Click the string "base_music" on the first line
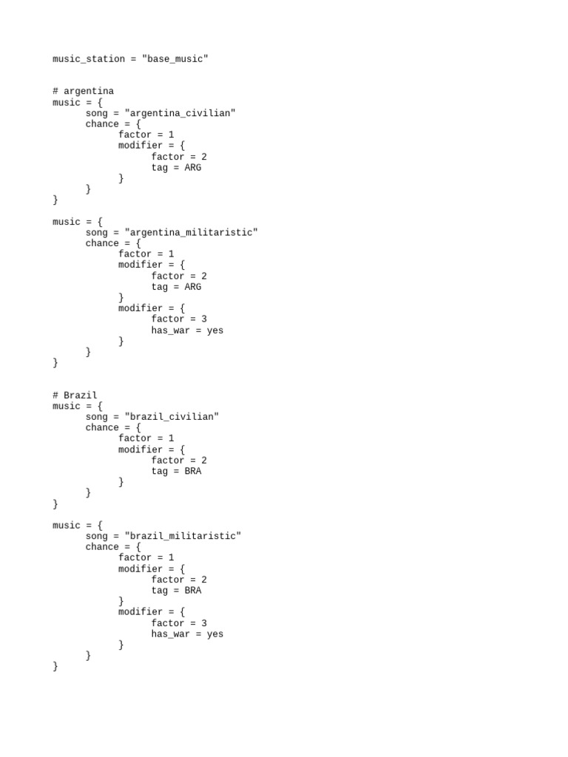pyautogui.click(x=175, y=59)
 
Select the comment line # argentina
pyautogui.click(x=83, y=92)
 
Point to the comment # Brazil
pyautogui.click(x=75, y=396)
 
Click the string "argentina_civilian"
pyautogui.click(x=180, y=113)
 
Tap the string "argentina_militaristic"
pyautogui.click(x=192, y=233)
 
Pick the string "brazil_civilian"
pyautogui.click(x=172, y=417)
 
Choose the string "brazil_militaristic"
pyautogui.click(x=183, y=536)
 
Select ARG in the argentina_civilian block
pyautogui.click(x=192, y=168)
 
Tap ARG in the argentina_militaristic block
pyautogui.click(x=192, y=287)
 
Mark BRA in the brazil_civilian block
pyautogui.click(x=192, y=471)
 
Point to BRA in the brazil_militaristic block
pyautogui.click(x=192, y=591)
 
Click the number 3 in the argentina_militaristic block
pyautogui.click(x=204, y=319)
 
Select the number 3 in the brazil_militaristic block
pyautogui.click(x=204, y=623)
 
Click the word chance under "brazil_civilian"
pyautogui.click(x=102, y=428)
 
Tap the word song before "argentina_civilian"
pyautogui.click(x=97, y=113)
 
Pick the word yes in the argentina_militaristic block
pyautogui.click(x=215, y=330)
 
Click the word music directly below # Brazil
pyautogui.click(x=67, y=407)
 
